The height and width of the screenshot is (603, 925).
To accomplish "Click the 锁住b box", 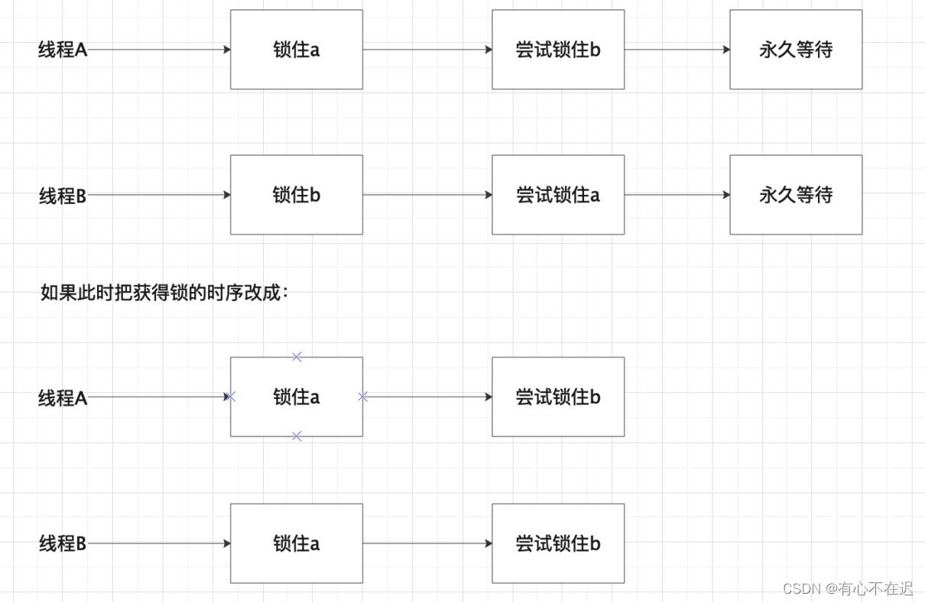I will (x=297, y=195).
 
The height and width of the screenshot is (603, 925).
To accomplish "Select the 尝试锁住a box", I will (x=558, y=195).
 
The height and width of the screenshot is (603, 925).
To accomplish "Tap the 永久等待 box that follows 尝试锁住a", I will (x=796, y=195).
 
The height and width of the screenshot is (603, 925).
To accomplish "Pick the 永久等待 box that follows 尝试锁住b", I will (x=796, y=50).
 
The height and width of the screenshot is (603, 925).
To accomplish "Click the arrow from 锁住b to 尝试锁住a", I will (x=427, y=195).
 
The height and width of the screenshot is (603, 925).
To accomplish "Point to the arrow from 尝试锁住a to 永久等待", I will (x=677, y=195).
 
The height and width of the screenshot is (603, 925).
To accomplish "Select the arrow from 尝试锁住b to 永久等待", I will (x=677, y=50).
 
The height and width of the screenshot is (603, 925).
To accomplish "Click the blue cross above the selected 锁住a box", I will (x=297, y=357).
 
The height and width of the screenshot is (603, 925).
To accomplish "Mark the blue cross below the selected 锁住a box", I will (x=297, y=436).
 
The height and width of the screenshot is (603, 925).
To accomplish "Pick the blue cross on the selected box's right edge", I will (x=363, y=397).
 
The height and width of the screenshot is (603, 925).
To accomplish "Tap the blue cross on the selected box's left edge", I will (x=231, y=397).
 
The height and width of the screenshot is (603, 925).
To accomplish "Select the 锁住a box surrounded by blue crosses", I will (x=297, y=397).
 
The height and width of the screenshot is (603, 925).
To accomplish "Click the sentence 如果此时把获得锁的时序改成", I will (x=164, y=293).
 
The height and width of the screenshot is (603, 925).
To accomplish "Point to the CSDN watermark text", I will (x=848, y=588).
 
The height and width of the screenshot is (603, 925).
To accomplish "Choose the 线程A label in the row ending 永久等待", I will (x=63, y=50).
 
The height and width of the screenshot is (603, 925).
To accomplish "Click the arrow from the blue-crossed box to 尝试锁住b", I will (x=428, y=397).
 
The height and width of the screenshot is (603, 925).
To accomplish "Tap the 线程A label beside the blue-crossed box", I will (x=63, y=398).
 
